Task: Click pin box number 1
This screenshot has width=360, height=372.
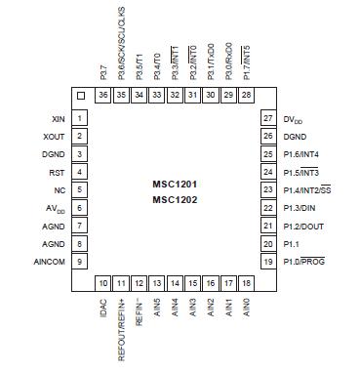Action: pos(78,118)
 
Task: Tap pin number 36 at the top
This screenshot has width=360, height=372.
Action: pos(103,95)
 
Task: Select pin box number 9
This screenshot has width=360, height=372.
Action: pos(78,262)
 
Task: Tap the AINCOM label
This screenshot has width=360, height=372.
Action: pos(48,262)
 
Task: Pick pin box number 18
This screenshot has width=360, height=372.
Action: pos(246,283)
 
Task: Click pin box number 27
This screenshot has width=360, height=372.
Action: pos(265,118)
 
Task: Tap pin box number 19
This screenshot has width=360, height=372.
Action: pos(265,262)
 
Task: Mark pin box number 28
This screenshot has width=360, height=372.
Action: pos(246,95)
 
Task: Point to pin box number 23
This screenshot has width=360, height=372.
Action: pos(265,189)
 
